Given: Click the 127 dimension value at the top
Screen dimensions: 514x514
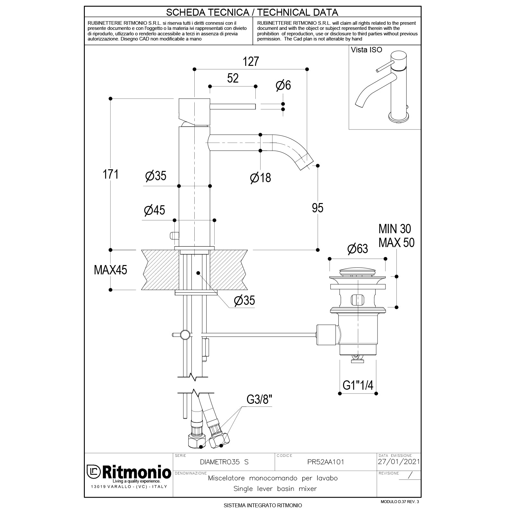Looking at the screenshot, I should [x=251, y=61].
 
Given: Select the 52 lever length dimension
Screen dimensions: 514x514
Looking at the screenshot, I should [x=233, y=78].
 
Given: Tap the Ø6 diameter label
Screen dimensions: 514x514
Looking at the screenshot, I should [x=283, y=85].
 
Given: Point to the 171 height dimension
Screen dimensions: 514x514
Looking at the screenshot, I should [x=111, y=174].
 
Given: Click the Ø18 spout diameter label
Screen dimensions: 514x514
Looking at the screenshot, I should [x=261, y=178].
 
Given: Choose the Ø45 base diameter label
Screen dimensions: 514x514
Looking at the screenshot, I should [x=155, y=210].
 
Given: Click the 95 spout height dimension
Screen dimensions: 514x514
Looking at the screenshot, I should [x=317, y=208].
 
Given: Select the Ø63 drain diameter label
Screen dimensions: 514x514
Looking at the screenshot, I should [x=358, y=249].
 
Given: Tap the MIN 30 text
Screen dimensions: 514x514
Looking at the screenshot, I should [x=394, y=229].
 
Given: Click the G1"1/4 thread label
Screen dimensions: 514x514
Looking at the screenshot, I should [x=358, y=385].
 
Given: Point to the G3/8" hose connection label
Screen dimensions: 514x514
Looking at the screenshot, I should [x=259, y=400].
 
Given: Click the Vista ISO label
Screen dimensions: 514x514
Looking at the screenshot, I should [x=367, y=50].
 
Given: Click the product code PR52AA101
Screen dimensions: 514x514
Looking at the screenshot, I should [x=325, y=462].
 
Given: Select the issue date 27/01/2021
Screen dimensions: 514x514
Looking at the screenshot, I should [x=399, y=462].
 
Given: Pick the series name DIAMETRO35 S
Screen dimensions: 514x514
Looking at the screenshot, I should [x=224, y=462].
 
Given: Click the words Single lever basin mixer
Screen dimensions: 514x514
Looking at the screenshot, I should [x=275, y=489].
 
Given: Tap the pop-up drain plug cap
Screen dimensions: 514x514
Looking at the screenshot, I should [x=357, y=270].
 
